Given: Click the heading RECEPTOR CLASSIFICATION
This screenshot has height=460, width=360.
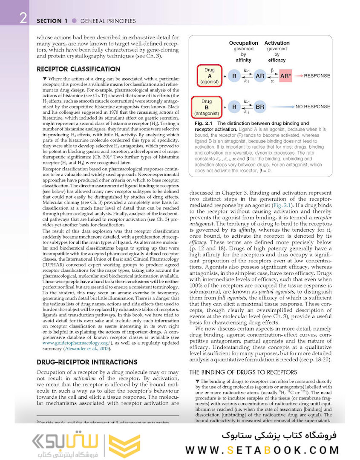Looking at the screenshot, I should click(78, 69).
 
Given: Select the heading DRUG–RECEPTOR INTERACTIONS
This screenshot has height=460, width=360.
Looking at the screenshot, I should click(87, 362).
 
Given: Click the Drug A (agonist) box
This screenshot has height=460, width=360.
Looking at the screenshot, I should click(209, 76).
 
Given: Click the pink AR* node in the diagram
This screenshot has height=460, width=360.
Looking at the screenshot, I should click(285, 76).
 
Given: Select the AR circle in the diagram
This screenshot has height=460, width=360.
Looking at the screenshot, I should click(260, 76).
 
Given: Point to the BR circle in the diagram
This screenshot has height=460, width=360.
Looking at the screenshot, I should click(260, 107).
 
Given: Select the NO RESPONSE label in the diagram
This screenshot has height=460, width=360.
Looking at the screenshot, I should click(313, 107).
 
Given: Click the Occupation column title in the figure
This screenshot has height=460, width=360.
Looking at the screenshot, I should click(243, 43).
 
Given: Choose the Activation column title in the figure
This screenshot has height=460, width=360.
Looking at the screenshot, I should click(277, 43).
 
